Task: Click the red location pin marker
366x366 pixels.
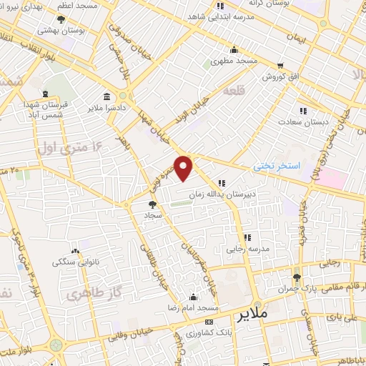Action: click(x=184, y=168)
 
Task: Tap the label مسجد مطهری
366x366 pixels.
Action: click(x=233, y=61)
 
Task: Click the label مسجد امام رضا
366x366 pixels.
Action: click(x=192, y=307)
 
